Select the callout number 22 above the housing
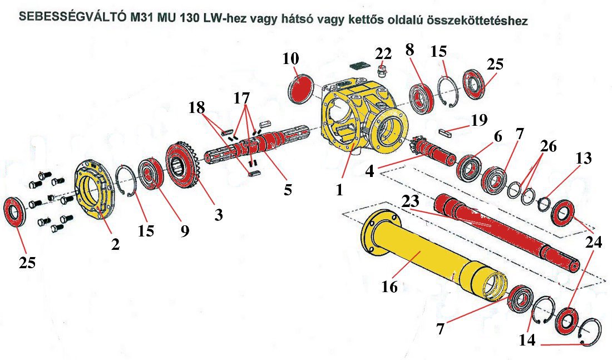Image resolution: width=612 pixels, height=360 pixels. [383, 54]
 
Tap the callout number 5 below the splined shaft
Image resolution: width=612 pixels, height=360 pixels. [287, 189]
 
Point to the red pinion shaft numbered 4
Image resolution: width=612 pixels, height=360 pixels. [431, 150]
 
